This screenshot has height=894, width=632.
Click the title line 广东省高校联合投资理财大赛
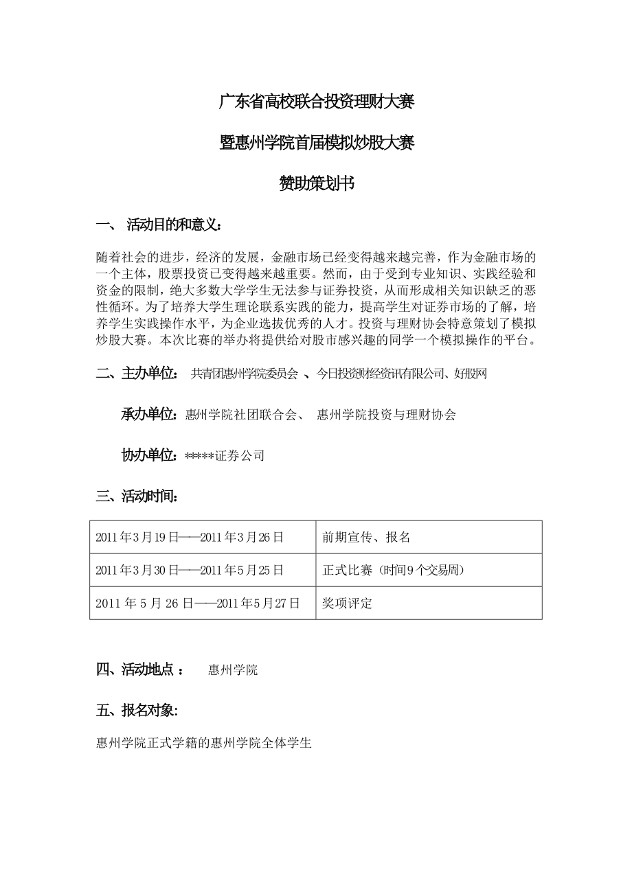point(316,103)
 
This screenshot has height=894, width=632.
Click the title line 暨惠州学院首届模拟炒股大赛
point(316,143)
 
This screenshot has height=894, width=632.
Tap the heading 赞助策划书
point(316,183)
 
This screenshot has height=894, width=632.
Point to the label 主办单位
point(150,374)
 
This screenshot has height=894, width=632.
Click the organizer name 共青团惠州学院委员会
point(245,374)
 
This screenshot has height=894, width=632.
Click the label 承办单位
point(151,414)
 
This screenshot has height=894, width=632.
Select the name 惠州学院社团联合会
point(240,415)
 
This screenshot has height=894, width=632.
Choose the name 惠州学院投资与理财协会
point(386,415)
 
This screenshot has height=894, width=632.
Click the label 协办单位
point(151,455)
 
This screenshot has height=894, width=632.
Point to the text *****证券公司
point(225,455)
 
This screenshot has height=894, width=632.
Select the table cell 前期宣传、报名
point(366,537)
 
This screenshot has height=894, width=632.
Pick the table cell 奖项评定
point(347,604)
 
